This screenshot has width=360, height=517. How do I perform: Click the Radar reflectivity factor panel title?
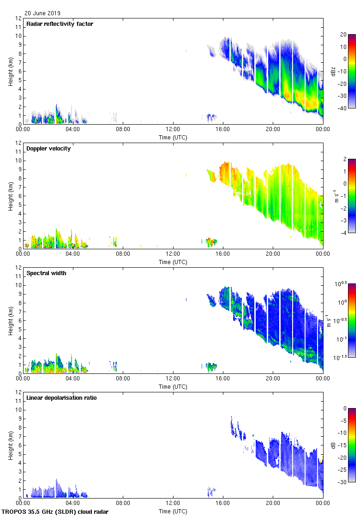point(60,24)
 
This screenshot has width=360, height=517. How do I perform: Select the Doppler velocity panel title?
point(48,149)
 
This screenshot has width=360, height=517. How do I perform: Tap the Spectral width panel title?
point(46,273)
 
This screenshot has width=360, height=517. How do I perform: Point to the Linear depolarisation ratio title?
point(61,398)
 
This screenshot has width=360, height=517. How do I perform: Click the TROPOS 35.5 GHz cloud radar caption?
point(55,512)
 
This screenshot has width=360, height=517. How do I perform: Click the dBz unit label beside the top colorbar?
point(333,72)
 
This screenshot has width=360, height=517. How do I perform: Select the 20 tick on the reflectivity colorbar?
point(343,35)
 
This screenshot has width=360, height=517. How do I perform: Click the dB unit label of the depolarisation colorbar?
point(333,445)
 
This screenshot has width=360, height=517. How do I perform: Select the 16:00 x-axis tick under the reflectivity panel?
point(223,130)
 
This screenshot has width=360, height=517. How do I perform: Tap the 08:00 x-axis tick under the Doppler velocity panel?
point(123,254)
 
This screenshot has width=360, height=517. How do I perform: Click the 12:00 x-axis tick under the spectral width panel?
point(173,379)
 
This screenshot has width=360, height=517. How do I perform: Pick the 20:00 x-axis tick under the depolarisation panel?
point(273,504)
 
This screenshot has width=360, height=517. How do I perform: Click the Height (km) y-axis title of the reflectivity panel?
point(10,72)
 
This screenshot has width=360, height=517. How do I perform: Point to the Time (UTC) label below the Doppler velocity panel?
point(173,262)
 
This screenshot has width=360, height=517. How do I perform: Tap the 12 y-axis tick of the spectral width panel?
point(18,268)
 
